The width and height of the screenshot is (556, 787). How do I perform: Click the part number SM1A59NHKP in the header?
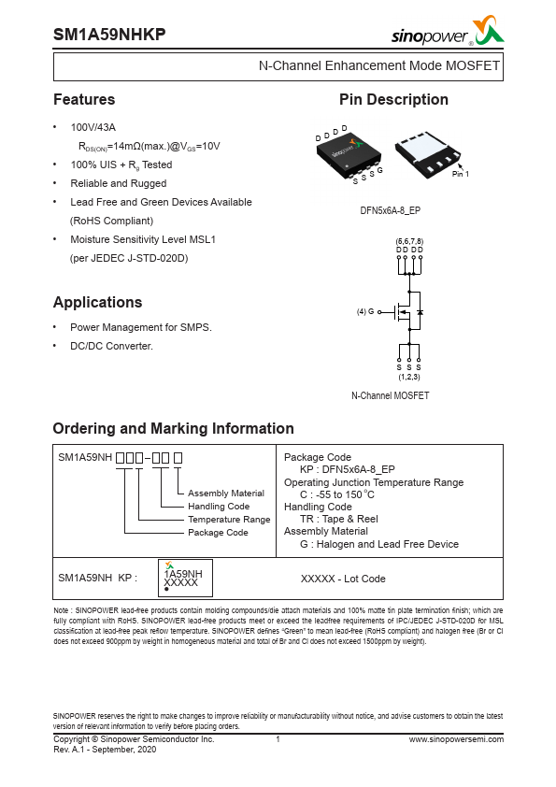point(109,35)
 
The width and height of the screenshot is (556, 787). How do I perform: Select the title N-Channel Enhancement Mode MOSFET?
point(378,66)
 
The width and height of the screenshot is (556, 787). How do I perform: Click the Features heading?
point(84,100)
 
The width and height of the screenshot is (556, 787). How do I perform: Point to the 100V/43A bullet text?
point(93,127)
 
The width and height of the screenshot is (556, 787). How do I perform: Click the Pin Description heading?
point(393,100)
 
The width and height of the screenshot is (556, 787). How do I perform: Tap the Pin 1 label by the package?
point(460,175)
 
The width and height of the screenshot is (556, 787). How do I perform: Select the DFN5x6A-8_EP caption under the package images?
point(390,211)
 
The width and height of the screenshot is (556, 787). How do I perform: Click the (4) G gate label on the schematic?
point(365,311)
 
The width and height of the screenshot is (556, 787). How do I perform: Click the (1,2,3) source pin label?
point(409,377)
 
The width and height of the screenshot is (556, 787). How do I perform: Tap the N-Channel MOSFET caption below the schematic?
point(390,396)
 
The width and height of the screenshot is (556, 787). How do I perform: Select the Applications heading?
point(97,303)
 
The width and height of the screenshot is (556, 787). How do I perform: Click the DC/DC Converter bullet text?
point(111,346)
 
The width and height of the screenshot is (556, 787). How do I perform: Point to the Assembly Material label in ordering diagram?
point(226,493)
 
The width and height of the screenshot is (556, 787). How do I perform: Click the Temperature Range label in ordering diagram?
point(229,519)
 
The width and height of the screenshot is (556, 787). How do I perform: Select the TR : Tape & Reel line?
point(338,519)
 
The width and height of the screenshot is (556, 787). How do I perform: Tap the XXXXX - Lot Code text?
point(343,579)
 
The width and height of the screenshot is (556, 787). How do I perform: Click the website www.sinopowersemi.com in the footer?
point(456,739)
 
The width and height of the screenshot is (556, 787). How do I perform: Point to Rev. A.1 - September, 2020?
point(105,750)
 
